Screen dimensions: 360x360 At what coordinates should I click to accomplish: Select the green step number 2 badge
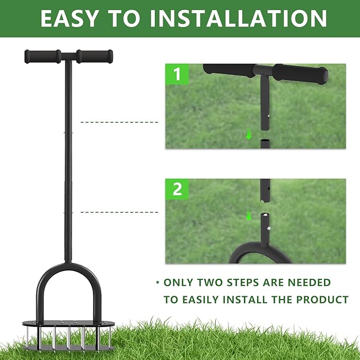177,189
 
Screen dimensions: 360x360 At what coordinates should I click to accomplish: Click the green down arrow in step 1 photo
249,135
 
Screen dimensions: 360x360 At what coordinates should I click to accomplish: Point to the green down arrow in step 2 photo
249,216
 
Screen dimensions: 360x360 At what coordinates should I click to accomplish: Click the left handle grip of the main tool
42,56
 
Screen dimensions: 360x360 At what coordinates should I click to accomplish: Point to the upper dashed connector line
119,122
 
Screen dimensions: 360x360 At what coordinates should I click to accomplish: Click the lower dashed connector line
119,213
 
